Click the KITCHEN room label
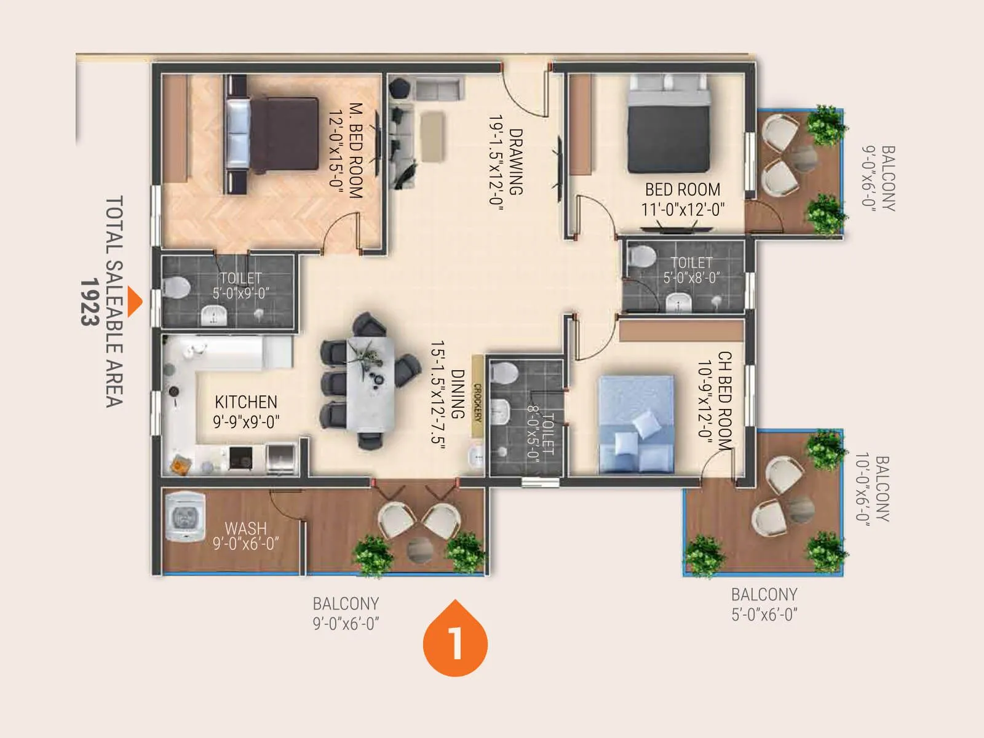click(246, 402)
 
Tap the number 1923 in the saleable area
click(90, 301)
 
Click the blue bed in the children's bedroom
click(637, 424)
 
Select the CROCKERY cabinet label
click(477, 403)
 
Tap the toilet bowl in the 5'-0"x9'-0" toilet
click(177, 287)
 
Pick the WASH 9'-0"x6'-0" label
click(246, 536)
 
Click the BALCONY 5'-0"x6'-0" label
click(764, 604)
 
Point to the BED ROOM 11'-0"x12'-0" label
click(683, 199)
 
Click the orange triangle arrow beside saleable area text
click(135, 301)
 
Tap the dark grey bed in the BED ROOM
click(669, 129)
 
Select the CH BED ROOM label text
click(725, 400)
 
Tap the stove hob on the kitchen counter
click(240, 458)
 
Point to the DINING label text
click(458, 394)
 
